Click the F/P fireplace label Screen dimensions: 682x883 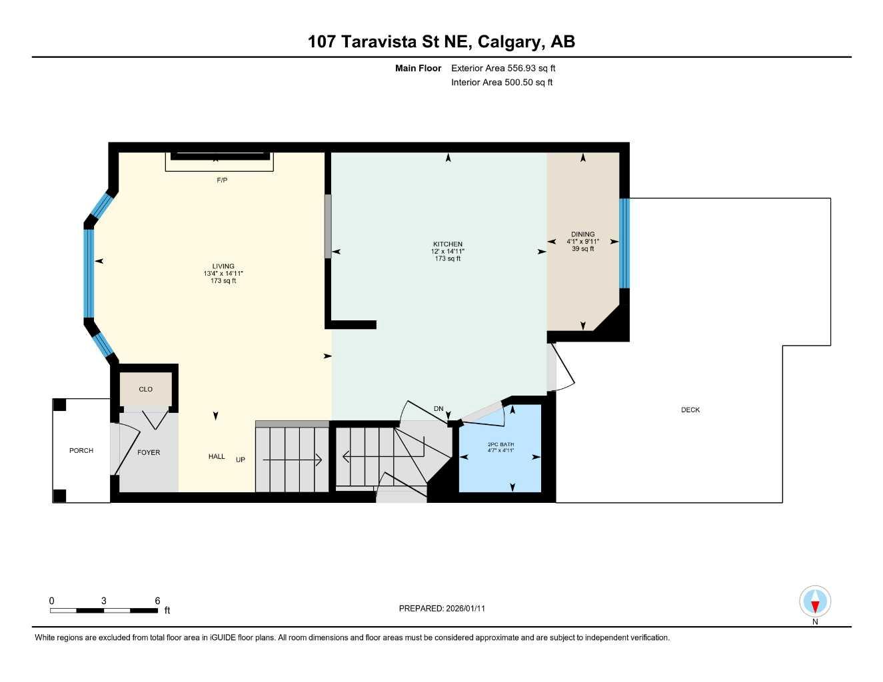(x=222, y=180)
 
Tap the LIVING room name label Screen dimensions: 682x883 (x=223, y=266)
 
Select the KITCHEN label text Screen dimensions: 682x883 (x=447, y=244)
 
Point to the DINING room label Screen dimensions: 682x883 (x=582, y=234)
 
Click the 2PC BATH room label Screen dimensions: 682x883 (x=500, y=444)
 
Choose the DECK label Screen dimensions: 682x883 (x=690, y=410)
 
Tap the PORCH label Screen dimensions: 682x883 (x=81, y=451)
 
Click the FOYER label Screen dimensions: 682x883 (x=149, y=453)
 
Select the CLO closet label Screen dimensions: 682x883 (x=145, y=390)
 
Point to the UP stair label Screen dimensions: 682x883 (x=241, y=460)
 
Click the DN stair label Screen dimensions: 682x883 (x=439, y=409)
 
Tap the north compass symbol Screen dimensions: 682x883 (x=815, y=603)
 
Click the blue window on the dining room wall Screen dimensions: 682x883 (x=624, y=243)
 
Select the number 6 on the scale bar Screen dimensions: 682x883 (x=157, y=601)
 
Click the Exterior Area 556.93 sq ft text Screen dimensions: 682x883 (x=503, y=68)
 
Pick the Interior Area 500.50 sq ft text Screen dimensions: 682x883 (x=502, y=83)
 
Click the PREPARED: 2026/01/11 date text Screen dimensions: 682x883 (x=442, y=609)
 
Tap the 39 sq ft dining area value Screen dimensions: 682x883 (x=582, y=249)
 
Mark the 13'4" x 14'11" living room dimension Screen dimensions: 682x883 (x=223, y=274)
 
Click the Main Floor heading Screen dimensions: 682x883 (x=418, y=68)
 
